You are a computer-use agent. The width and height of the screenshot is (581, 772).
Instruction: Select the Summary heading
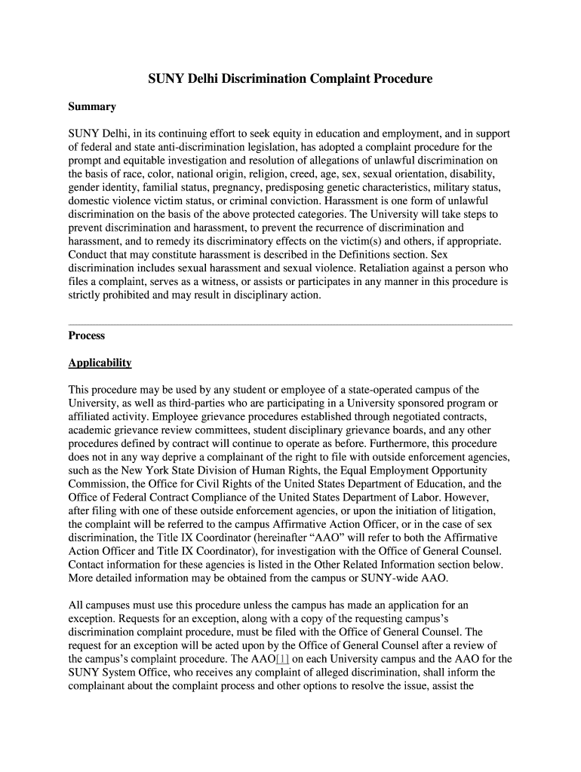tap(92, 107)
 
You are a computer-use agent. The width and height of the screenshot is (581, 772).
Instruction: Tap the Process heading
tap(86, 335)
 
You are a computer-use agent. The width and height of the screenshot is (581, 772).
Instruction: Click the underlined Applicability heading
tap(100, 363)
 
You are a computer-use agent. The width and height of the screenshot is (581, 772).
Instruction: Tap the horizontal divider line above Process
tap(290, 324)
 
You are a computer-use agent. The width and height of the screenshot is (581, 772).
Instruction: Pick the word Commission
tap(101, 485)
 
